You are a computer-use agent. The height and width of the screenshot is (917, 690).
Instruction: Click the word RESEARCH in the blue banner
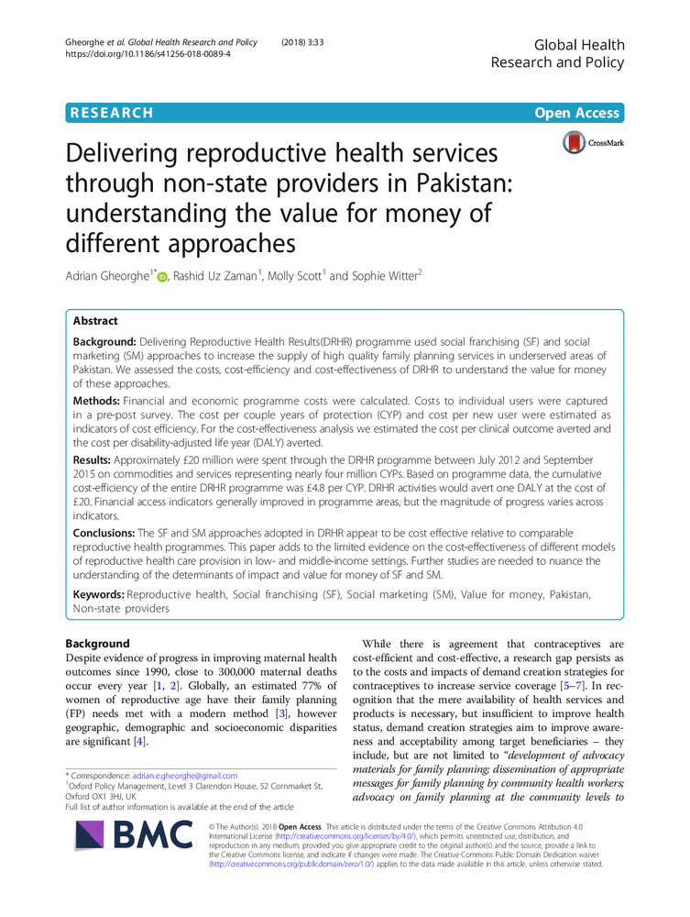click(110, 113)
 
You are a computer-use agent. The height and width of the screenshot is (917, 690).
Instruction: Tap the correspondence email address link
click(185, 775)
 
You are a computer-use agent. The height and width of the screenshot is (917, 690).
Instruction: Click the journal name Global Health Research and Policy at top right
click(557, 53)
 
